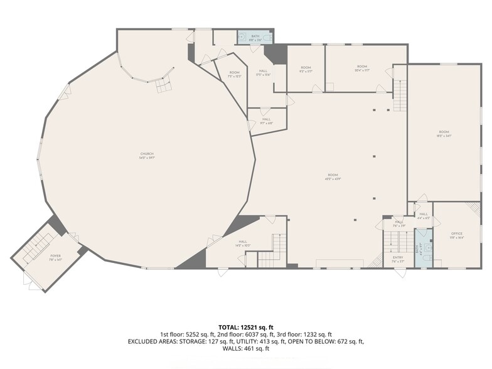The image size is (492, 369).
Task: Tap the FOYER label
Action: [56, 257]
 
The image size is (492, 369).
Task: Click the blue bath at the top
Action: [254, 38]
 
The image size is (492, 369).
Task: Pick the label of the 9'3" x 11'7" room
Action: [306, 69]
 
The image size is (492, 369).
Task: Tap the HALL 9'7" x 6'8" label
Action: [266, 121]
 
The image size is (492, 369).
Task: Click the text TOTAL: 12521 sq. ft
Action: [245, 328]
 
